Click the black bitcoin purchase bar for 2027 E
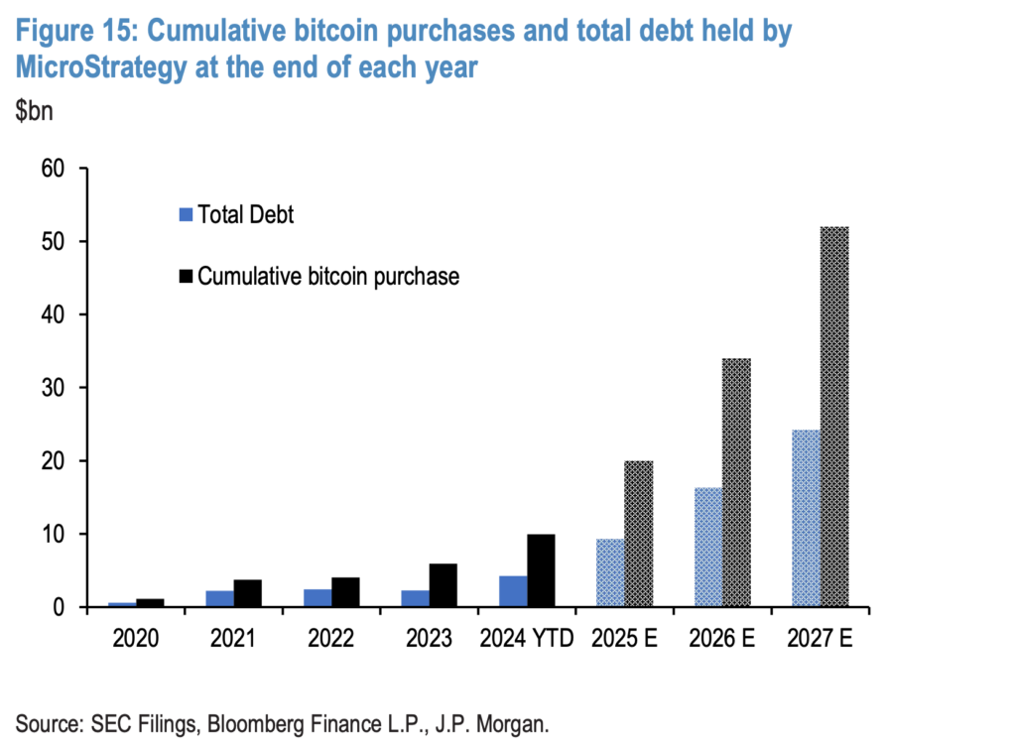point(833,417)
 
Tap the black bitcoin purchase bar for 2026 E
point(736,482)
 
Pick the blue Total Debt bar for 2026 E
point(707,547)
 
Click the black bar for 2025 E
point(638,534)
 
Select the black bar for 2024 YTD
point(541,570)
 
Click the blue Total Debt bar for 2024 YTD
point(512,591)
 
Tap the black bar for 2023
point(443,585)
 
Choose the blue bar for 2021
point(219,598)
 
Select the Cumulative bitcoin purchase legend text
point(328,276)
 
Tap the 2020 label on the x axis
point(135,638)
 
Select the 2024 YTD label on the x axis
point(526,638)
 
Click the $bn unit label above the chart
point(34,110)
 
